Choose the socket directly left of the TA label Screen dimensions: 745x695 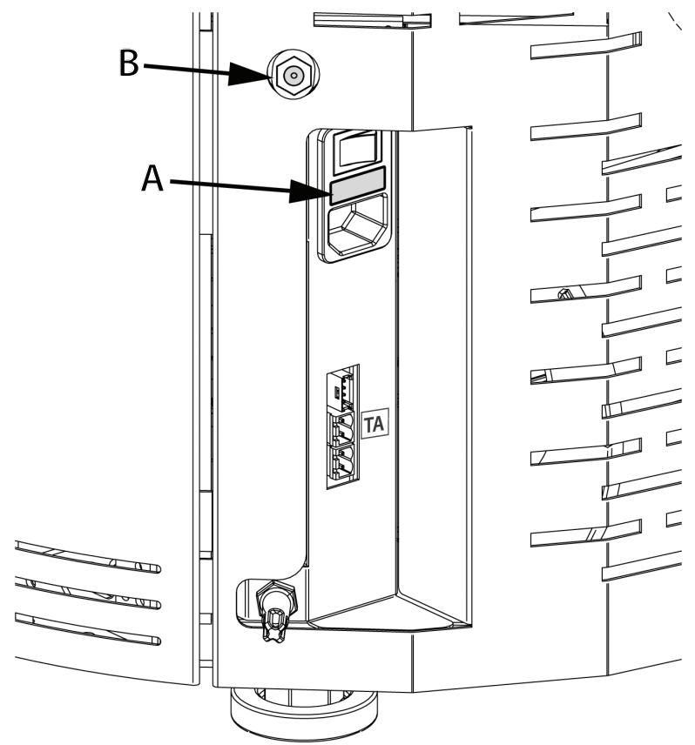[x=342, y=428]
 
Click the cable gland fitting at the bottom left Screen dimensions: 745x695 [x=273, y=609]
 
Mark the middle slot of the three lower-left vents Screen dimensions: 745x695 [x=87, y=595]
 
